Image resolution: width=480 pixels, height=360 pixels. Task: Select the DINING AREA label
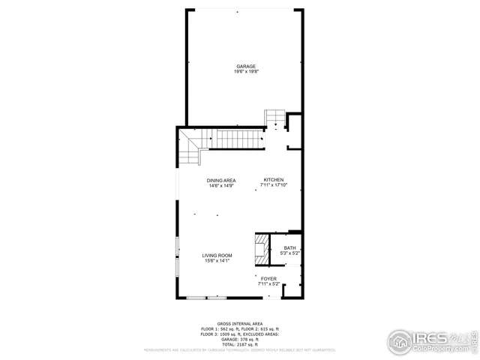(x=222, y=180)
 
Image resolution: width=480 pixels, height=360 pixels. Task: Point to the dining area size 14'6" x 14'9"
(x=222, y=186)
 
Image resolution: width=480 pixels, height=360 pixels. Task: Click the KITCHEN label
(x=273, y=179)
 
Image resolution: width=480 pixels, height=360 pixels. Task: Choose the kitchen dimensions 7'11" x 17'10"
(x=273, y=185)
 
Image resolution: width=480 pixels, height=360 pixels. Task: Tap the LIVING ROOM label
(x=217, y=256)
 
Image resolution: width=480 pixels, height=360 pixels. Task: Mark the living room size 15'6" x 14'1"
(x=217, y=262)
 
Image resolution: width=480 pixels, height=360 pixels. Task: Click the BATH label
(x=289, y=248)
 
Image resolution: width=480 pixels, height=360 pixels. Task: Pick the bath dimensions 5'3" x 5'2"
(x=289, y=254)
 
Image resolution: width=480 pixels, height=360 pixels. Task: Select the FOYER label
(x=268, y=278)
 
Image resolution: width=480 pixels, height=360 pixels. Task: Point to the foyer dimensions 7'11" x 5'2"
(x=268, y=284)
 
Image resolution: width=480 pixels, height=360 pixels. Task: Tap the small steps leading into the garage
(x=274, y=118)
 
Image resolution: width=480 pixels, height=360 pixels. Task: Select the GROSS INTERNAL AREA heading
(x=240, y=323)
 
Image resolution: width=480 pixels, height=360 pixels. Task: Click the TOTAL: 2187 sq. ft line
(x=240, y=343)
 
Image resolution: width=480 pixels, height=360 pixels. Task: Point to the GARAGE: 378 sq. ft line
(x=240, y=339)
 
